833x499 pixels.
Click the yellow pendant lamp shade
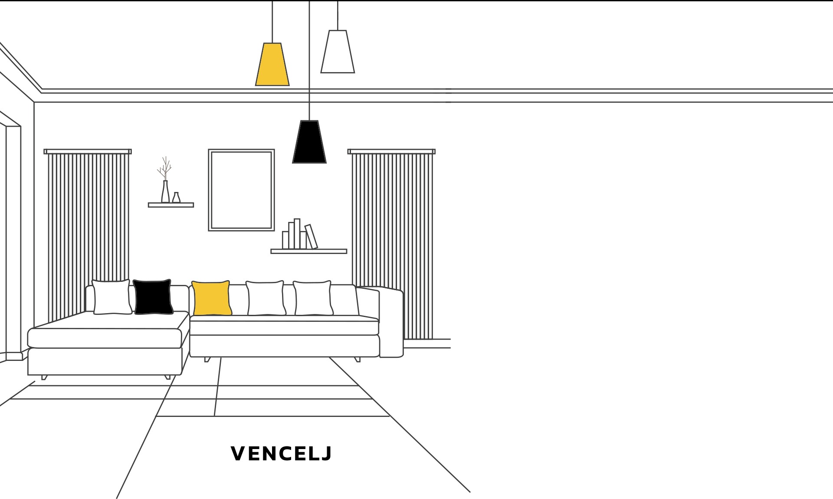272,64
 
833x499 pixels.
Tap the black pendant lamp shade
309,142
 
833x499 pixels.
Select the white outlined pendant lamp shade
338,52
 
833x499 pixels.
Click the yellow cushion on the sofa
211,298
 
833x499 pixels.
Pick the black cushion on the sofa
153,297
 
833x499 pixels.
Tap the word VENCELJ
281,453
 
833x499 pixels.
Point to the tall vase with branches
165,192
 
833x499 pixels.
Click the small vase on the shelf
176,198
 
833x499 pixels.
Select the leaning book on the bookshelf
311,237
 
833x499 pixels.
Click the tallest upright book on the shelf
297,234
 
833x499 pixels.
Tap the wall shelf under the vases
171,205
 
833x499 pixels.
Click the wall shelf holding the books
309,251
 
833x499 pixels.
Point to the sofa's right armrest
391,322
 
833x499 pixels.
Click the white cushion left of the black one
112,297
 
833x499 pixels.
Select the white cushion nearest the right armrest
313,298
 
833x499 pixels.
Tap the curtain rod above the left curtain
88,152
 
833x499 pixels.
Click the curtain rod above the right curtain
391,152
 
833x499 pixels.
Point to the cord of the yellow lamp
272,22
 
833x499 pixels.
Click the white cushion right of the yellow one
266,298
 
